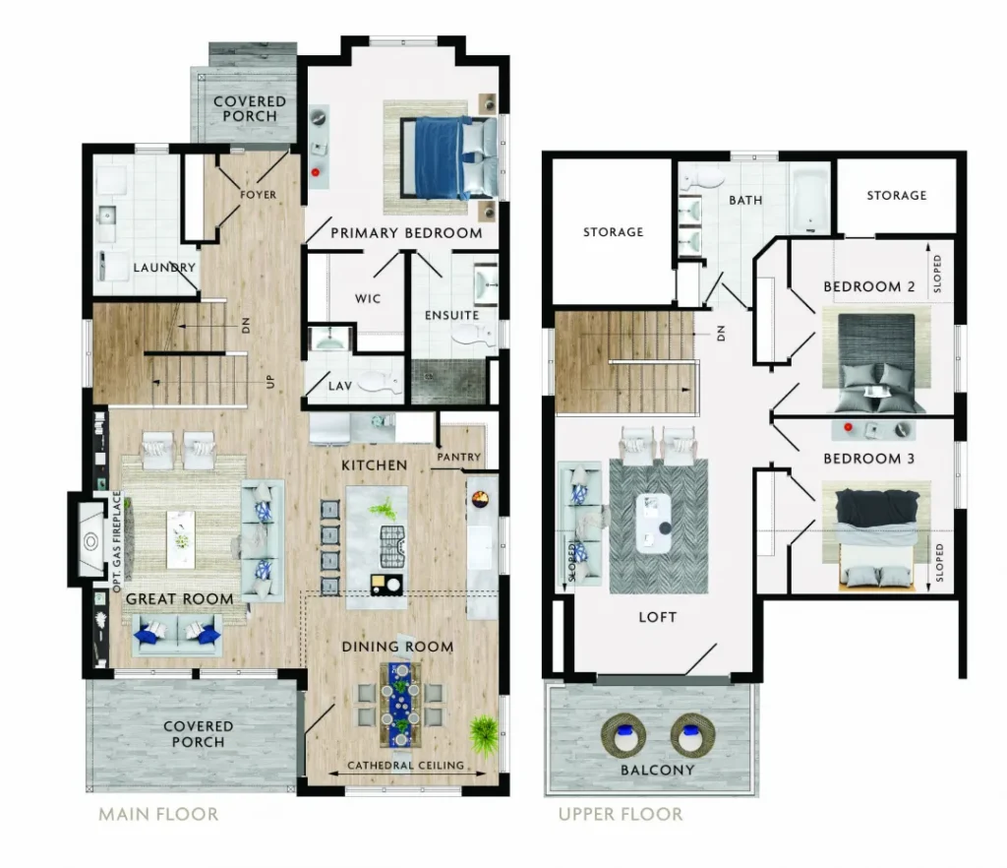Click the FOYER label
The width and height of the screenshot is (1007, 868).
coord(259,195)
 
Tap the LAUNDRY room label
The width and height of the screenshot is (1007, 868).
coord(164,268)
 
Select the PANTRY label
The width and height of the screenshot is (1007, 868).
coord(458,457)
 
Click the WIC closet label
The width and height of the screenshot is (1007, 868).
coord(368,299)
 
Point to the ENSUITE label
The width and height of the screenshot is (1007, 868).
coord(451,316)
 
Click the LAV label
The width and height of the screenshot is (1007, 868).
coord(339,386)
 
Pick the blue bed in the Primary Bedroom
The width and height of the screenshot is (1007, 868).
coord(448,157)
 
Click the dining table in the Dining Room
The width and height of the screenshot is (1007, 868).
coord(401,705)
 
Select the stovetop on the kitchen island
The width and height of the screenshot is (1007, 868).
coord(393,547)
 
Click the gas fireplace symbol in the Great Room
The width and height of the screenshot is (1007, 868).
coord(90,540)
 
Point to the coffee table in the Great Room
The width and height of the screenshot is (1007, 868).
coord(181,539)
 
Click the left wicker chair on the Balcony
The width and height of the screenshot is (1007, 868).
coord(623,735)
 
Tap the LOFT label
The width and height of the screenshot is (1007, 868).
coord(658,617)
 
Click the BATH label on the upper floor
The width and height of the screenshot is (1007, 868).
coord(745,201)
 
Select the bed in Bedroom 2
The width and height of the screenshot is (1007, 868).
coord(876,363)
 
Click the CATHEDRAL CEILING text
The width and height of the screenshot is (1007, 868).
coord(405,766)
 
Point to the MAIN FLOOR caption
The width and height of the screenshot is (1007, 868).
coord(158,814)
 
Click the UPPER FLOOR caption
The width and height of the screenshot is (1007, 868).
coord(621,814)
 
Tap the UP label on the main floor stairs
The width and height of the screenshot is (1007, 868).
coord(270,382)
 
